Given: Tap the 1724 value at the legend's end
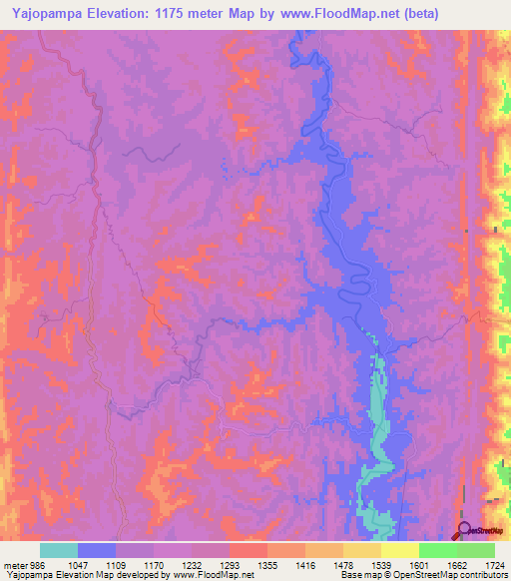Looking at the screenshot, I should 493,564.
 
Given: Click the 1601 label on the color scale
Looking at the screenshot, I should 417,564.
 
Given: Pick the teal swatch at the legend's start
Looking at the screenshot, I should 59,550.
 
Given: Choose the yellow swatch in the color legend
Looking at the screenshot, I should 399,550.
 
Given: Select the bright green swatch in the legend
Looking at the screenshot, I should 437,550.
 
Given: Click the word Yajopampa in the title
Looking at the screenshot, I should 43,12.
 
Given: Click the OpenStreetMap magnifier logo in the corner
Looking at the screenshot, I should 464,531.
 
